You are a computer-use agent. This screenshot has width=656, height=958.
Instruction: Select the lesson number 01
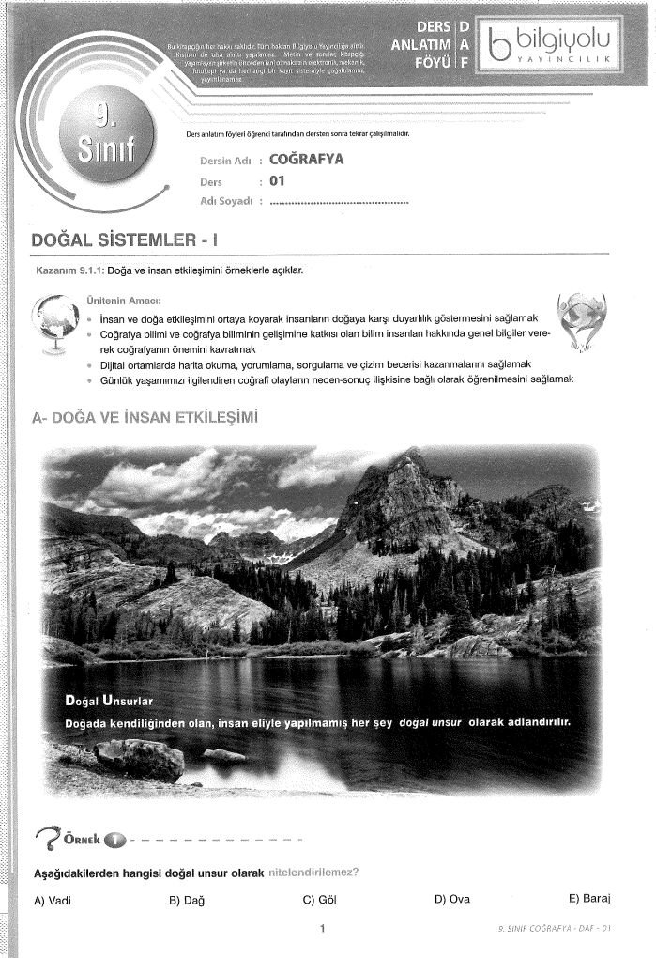276,181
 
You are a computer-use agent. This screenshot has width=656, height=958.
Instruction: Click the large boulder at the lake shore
139,758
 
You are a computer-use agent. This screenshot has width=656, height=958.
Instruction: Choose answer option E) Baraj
589,899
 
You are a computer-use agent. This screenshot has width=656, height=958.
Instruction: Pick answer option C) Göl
320,899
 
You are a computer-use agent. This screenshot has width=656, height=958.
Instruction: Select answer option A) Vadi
53,900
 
